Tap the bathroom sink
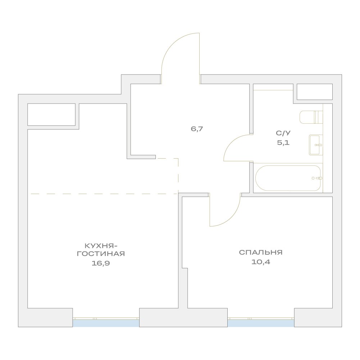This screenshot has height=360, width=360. (x=316, y=145)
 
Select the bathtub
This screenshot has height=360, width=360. (x=288, y=178)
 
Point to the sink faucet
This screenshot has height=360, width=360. (x=319, y=145)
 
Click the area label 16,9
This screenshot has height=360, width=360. (x=101, y=263)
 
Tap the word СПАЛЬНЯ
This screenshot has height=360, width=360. (x=261, y=252)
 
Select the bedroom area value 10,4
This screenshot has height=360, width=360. (x=261, y=262)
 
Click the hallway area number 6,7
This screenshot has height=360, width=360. (x=197, y=129)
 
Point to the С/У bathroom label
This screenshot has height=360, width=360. (x=283, y=133)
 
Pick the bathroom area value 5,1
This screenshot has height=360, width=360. (x=283, y=142)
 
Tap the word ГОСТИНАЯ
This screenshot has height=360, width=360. (x=101, y=254)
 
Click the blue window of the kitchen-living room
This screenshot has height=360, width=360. (x=106, y=323)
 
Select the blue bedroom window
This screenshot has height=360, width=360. (x=261, y=323)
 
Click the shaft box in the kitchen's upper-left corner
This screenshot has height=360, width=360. (x=51, y=115)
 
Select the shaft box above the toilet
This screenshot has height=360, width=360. (x=315, y=92)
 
